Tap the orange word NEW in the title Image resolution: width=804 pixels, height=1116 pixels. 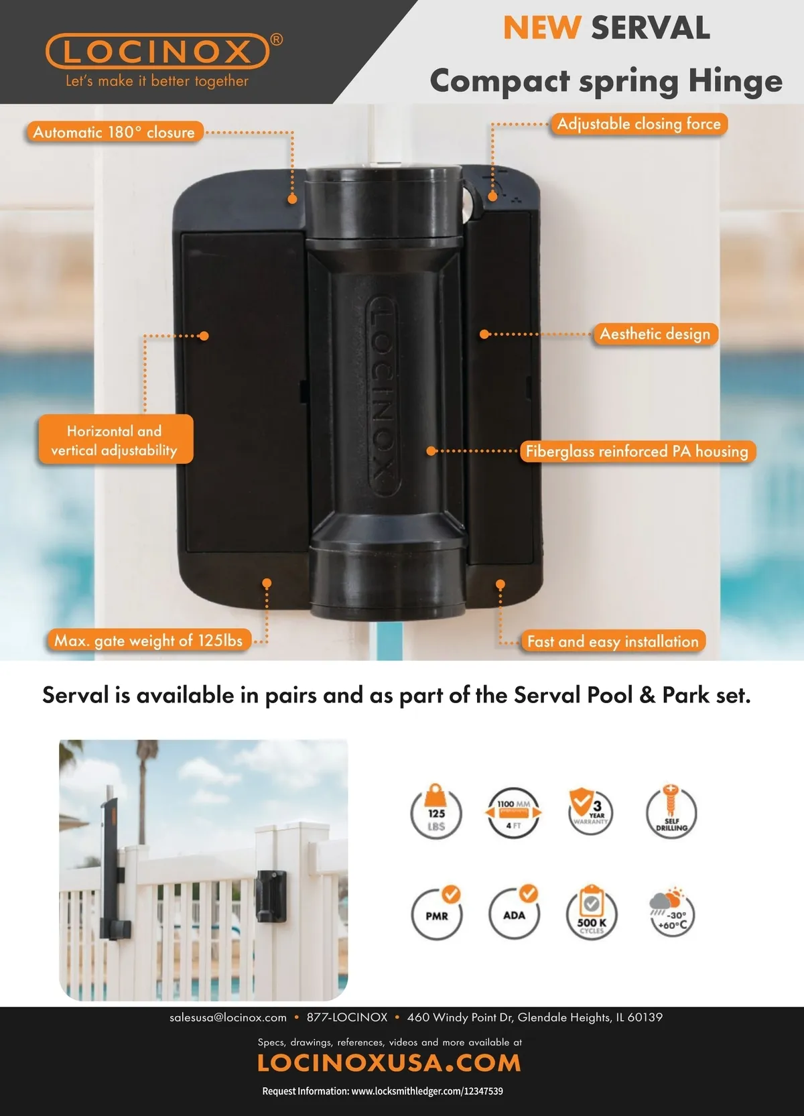pyautogui.click(x=542, y=27)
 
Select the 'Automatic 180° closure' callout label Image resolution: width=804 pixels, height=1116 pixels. pyautogui.click(x=115, y=132)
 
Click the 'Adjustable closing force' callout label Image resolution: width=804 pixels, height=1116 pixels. pyautogui.click(x=639, y=123)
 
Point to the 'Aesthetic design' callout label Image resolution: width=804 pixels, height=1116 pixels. pyautogui.click(x=655, y=334)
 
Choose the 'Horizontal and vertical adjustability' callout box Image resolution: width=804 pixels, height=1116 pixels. pyautogui.click(x=115, y=440)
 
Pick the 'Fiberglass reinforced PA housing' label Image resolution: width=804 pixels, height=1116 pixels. pyautogui.click(x=637, y=451)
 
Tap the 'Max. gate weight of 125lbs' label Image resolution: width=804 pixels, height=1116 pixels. pyautogui.click(x=149, y=640)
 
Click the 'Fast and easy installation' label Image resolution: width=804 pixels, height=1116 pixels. pyautogui.click(x=612, y=641)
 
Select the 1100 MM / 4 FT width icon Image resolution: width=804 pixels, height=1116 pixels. pyautogui.click(x=514, y=813)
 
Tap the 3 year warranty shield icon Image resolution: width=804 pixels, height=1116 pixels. pyautogui.click(x=590, y=811)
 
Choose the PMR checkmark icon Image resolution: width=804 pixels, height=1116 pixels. pyautogui.click(x=436, y=913)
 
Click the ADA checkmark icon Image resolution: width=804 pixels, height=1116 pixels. pyautogui.click(x=514, y=912)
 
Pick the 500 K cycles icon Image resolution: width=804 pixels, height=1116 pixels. pyautogui.click(x=592, y=913)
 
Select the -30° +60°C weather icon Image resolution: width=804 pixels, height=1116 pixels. pyautogui.click(x=671, y=912)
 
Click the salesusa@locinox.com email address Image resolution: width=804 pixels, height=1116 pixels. pyautogui.click(x=228, y=1017)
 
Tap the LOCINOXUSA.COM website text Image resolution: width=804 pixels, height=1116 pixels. pyautogui.click(x=389, y=1063)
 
